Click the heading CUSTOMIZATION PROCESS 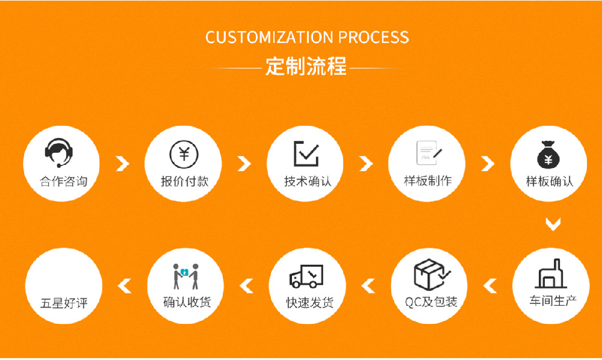(307, 37)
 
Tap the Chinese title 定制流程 (306, 66)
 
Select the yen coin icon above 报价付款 (184, 153)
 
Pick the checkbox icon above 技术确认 (306, 154)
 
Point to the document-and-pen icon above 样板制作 (429, 153)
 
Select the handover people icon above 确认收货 (186, 276)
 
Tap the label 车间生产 (550, 300)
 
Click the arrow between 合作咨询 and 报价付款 (123, 163)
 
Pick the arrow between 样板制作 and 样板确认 (488, 163)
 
